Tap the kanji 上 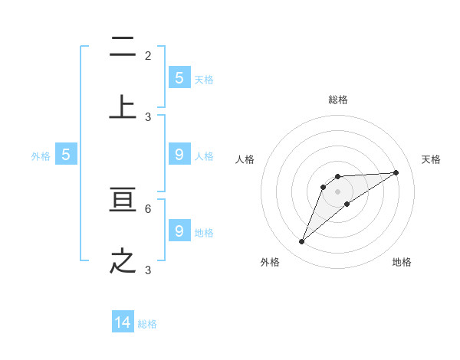[123, 106]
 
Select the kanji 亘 [123, 201]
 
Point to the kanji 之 [123, 260]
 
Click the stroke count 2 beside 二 [148, 56]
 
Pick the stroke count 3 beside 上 [148, 116]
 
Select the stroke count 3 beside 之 [148, 270]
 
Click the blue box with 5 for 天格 [179, 77]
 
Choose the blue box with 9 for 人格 [179, 154]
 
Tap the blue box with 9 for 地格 [179, 231]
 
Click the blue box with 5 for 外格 [66, 154]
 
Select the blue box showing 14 [123, 322]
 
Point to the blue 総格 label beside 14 [147, 324]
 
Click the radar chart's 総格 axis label [338, 100]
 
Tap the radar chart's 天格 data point [396, 172]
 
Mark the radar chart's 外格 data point [301, 242]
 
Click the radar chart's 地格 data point [347, 203]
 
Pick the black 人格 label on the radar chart [245, 159]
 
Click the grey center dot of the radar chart [337, 191]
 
